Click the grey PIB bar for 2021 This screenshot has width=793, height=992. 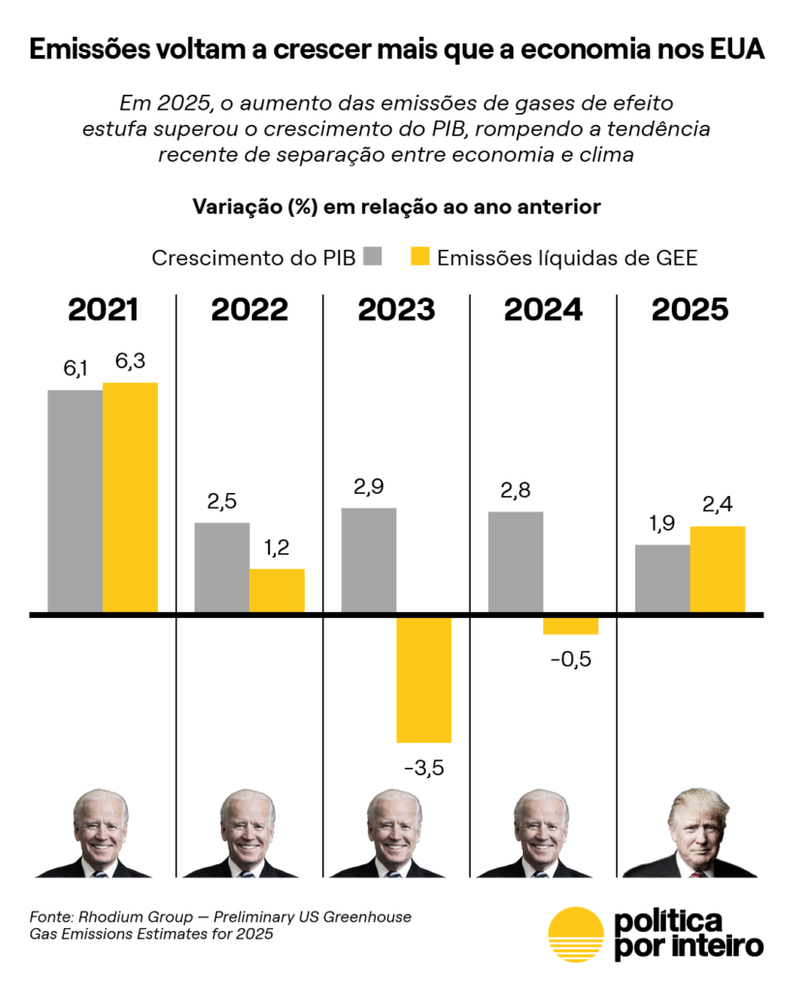tap(76, 501)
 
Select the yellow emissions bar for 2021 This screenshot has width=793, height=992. tap(130, 497)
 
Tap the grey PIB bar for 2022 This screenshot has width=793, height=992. tap(222, 567)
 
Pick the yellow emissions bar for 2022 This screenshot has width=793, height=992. tap(277, 590)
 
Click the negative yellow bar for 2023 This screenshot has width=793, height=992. tap(424, 680)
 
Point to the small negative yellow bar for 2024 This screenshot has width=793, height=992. tap(570, 626)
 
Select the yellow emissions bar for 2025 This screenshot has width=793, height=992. tap(717, 569)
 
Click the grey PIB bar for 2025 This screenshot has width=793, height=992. tap(662, 578)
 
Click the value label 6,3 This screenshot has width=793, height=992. tap(130, 362)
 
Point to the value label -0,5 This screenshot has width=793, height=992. tap(570, 660)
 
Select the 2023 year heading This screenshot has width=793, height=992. tap(396, 310)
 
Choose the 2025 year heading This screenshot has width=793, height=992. tap(689, 310)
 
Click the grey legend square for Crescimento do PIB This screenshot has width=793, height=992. tap(374, 257)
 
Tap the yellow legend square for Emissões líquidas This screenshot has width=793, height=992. tap(420, 257)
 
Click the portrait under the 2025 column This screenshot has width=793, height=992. tap(689, 833)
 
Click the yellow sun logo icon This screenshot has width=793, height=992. tap(575, 934)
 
